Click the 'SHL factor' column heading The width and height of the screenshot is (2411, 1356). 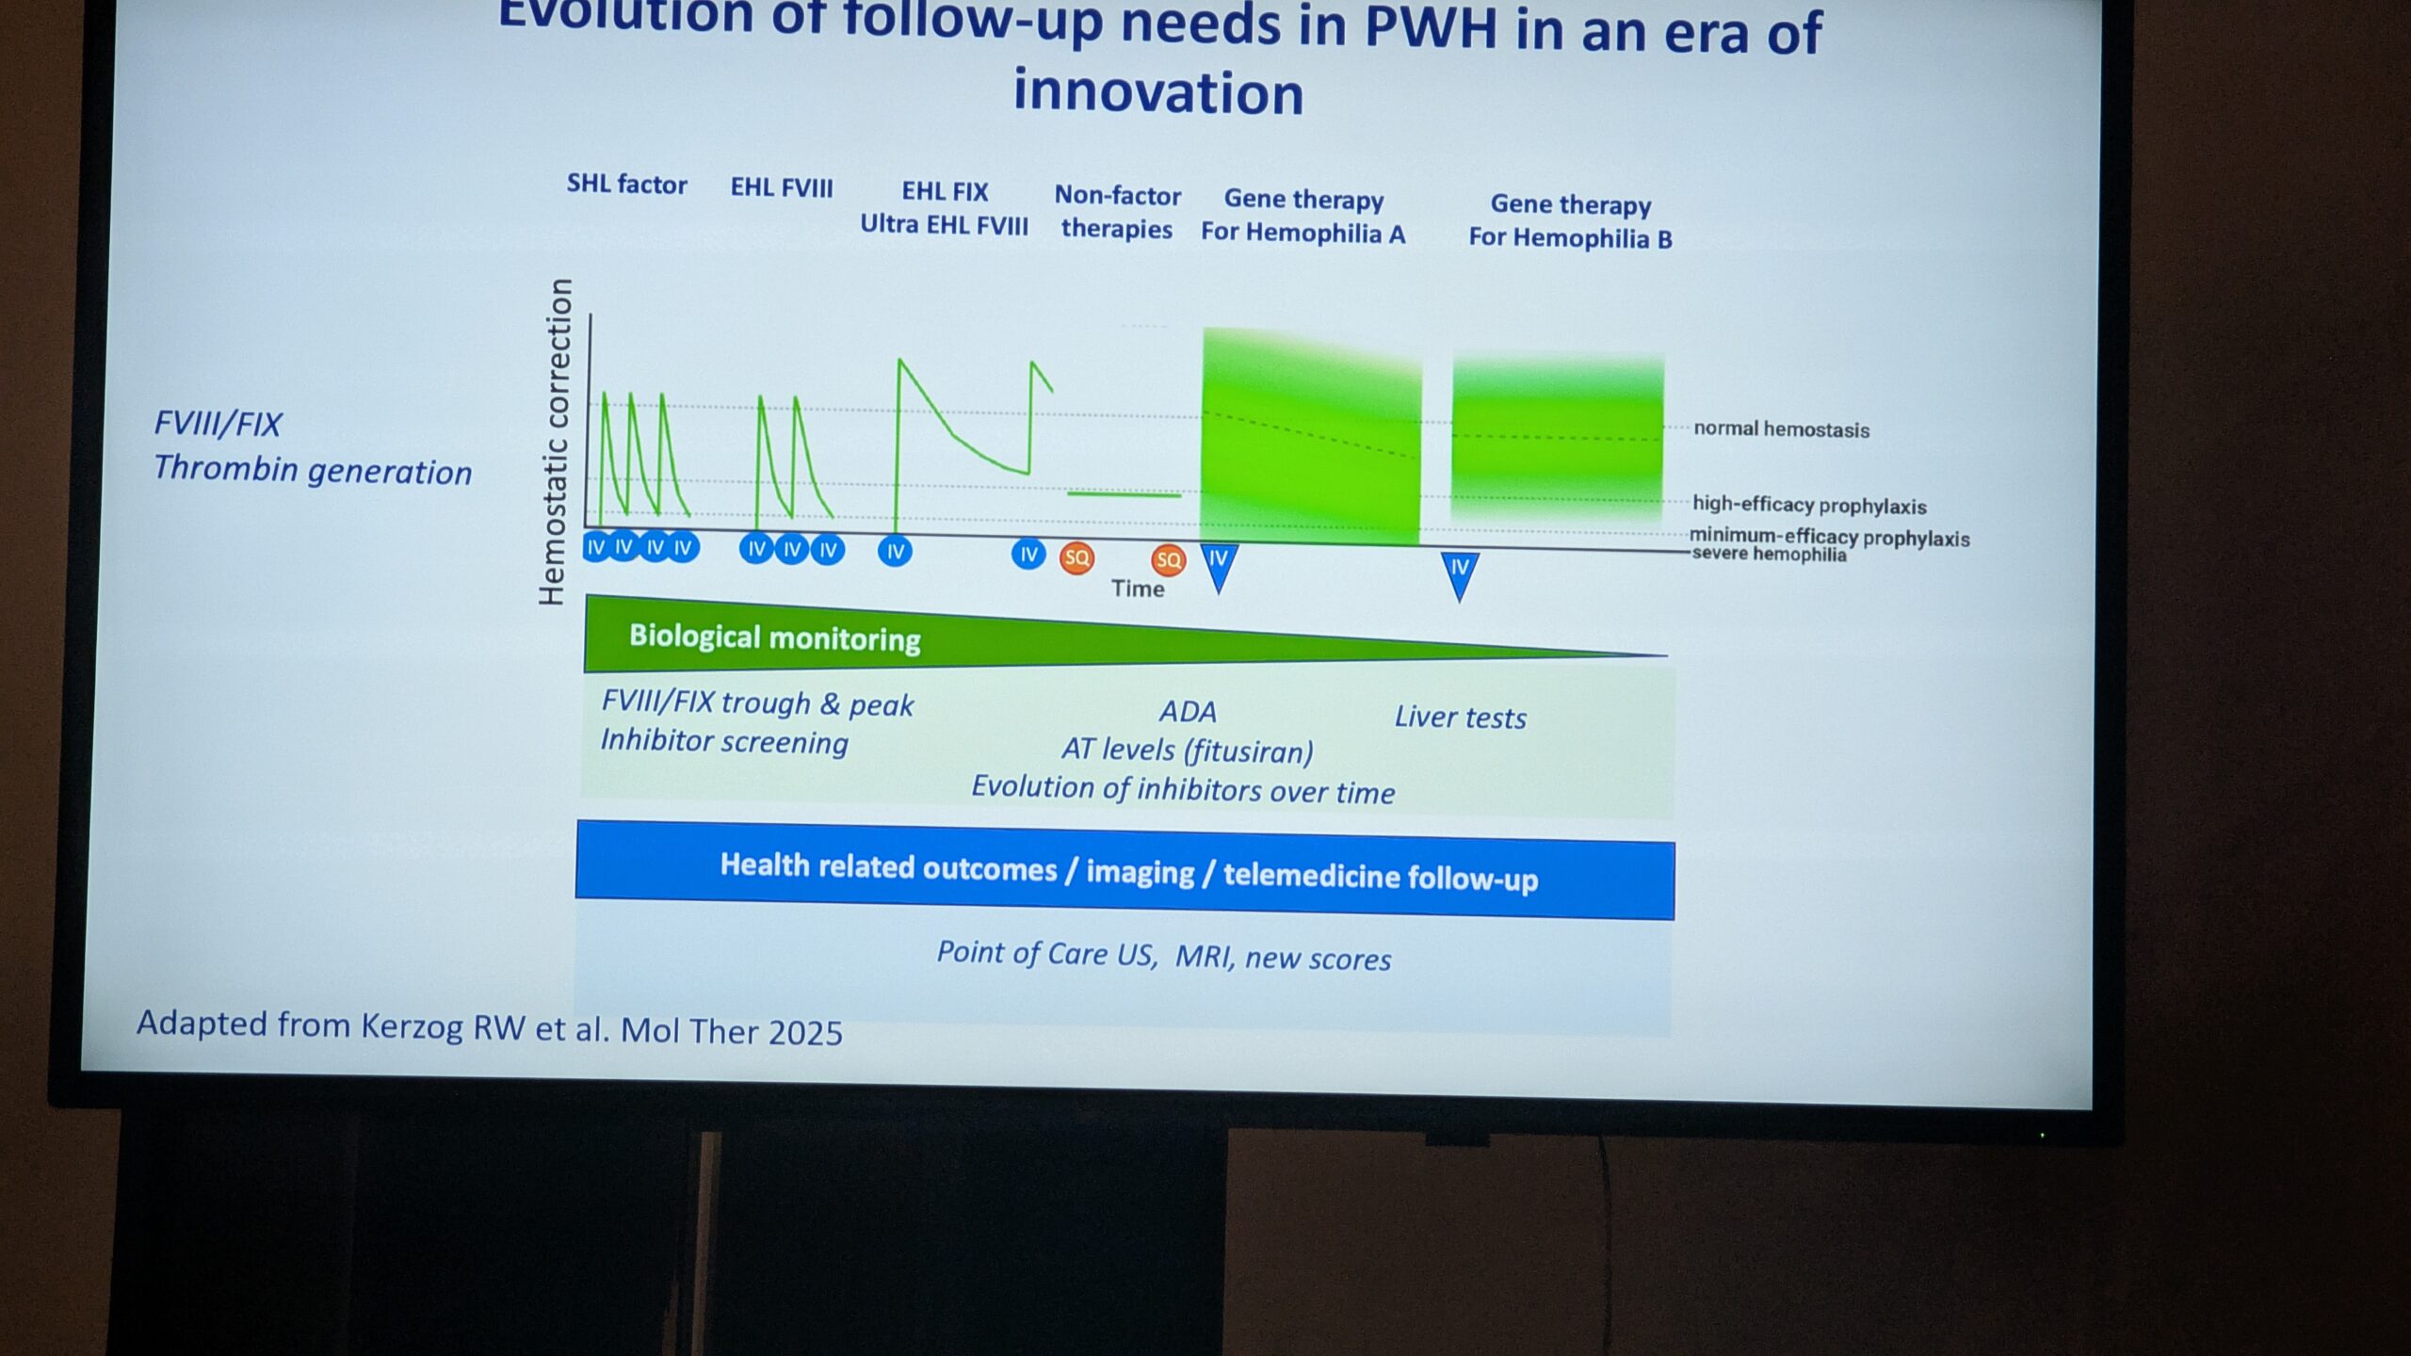click(626, 184)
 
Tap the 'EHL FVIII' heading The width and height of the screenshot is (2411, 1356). click(782, 187)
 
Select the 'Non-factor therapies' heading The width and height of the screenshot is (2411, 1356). click(1117, 212)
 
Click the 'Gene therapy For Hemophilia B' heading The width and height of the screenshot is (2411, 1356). click(1570, 221)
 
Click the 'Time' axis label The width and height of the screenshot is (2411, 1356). click(1138, 589)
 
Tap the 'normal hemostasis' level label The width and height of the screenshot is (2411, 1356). click(1781, 429)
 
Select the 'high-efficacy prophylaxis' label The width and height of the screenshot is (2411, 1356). click(1809, 505)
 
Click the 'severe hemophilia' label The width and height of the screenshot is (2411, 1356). click(1769, 554)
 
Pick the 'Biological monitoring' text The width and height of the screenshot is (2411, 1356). click(774, 638)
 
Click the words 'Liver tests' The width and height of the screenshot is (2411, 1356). click(1460, 718)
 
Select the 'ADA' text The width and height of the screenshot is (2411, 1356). click(1188, 711)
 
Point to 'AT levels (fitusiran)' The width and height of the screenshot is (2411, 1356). click(1187, 751)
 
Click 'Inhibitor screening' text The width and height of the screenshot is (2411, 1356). click(724, 742)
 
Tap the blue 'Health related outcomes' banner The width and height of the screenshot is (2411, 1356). click(1125, 871)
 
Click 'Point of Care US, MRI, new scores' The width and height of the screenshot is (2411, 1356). click(1163, 956)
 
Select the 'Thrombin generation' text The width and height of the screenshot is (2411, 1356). click(313, 470)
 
